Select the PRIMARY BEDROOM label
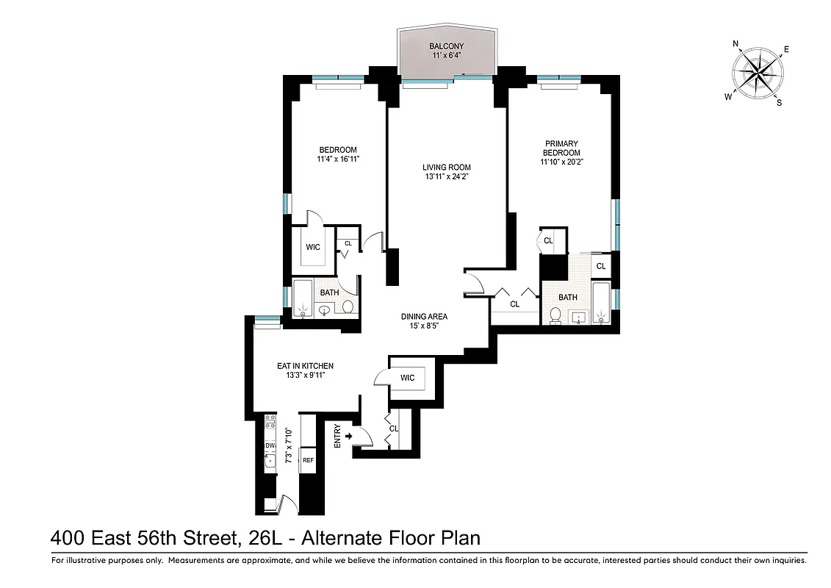[561, 148]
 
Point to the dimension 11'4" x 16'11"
[337, 159]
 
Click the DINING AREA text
[424, 317]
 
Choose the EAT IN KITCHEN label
[305, 365]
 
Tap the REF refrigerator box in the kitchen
[308, 460]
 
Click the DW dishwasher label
[270, 445]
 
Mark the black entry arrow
[349, 437]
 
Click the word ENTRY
[337, 437]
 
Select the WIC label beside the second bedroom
[313, 247]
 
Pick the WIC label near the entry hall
[408, 378]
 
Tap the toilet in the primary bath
[557, 316]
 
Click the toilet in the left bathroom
[348, 306]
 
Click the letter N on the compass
[736, 44]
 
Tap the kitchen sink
[270, 461]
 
